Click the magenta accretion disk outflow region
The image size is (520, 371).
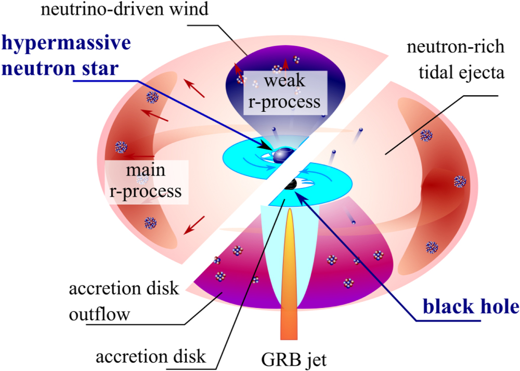(x=229, y=276)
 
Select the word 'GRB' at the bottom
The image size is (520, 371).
(x=274, y=360)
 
